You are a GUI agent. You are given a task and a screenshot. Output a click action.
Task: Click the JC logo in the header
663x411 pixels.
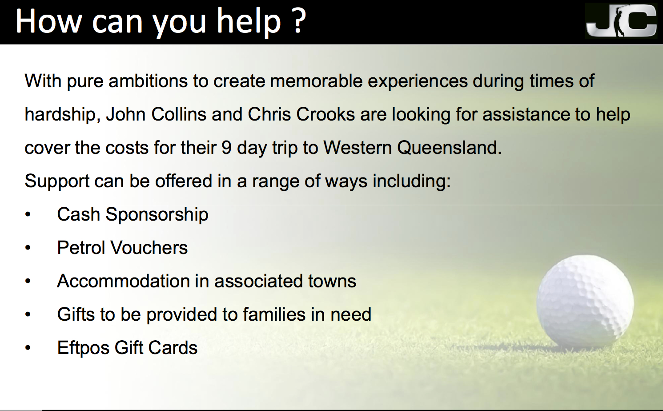621,21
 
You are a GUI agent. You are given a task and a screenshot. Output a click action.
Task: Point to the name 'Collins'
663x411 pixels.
179,114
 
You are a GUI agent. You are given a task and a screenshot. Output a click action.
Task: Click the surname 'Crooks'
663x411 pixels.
325,114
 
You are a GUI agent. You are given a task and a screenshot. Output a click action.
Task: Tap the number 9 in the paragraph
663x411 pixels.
226,148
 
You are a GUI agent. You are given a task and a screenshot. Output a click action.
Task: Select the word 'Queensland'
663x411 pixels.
449,148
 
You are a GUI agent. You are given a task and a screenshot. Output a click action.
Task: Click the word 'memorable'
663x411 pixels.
316,81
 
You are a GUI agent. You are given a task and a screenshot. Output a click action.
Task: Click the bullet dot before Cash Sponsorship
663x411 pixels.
28,214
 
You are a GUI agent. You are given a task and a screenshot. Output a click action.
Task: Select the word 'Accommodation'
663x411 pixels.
124,281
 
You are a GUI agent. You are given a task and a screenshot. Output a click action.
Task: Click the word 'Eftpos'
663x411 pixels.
83,348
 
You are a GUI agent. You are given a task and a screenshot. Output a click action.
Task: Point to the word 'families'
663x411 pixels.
274,314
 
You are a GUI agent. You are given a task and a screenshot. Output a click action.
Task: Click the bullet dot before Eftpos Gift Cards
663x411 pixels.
28,348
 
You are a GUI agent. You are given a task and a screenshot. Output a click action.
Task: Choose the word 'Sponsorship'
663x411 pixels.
157,215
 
